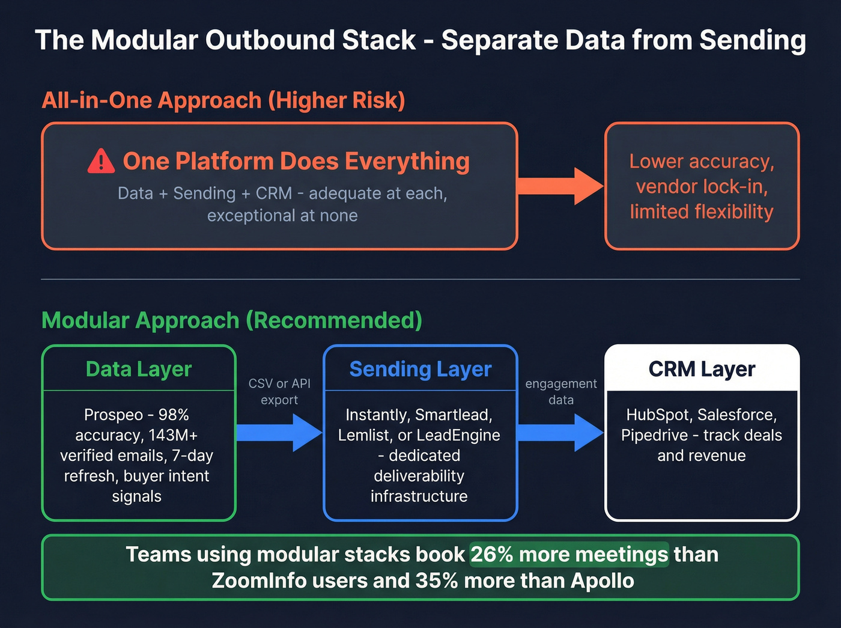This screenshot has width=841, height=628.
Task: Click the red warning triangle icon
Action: pyautogui.click(x=101, y=162)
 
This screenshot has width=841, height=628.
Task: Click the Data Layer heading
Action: pyautogui.click(x=139, y=369)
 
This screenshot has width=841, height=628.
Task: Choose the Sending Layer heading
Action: pyautogui.click(x=421, y=369)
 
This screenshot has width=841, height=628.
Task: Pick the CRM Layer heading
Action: pyautogui.click(x=702, y=369)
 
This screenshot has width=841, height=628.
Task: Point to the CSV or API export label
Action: pyautogui.click(x=279, y=391)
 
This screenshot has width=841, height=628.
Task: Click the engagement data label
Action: pyautogui.click(x=561, y=391)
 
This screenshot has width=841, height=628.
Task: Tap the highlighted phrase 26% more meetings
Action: pyautogui.click(x=569, y=554)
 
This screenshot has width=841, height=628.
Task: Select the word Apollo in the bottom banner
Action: pyautogui.click(x=602, y=581)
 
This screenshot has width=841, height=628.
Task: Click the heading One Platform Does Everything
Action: pyautogui.click(x=296, y=162)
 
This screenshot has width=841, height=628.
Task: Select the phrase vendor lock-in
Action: pyautogui.click(x=702, y=187)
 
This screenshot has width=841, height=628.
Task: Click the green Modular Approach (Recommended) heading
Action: pyautogui.click(x=232, y=320)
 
